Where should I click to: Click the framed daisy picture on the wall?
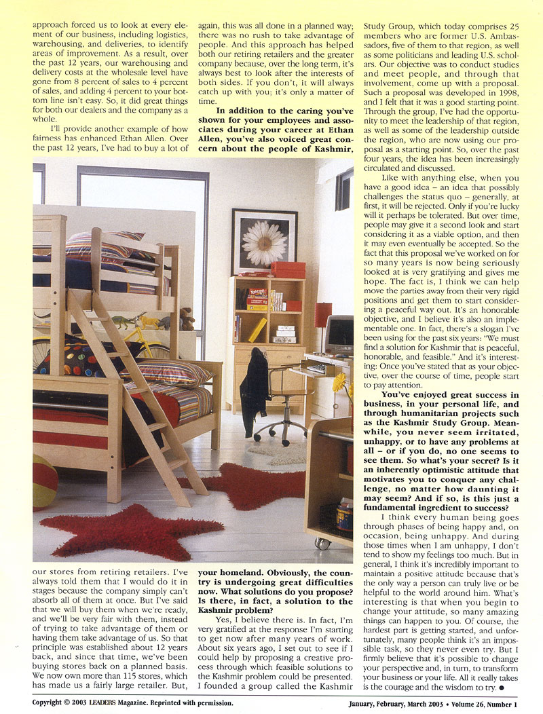tap(264, 241)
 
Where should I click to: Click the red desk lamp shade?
tap(323, 314)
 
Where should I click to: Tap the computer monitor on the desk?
tap(339, 334)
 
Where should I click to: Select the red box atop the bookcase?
tap(288, 269)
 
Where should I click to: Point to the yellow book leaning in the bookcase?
tap(257, 330)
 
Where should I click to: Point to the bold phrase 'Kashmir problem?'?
tap(239, 611)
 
